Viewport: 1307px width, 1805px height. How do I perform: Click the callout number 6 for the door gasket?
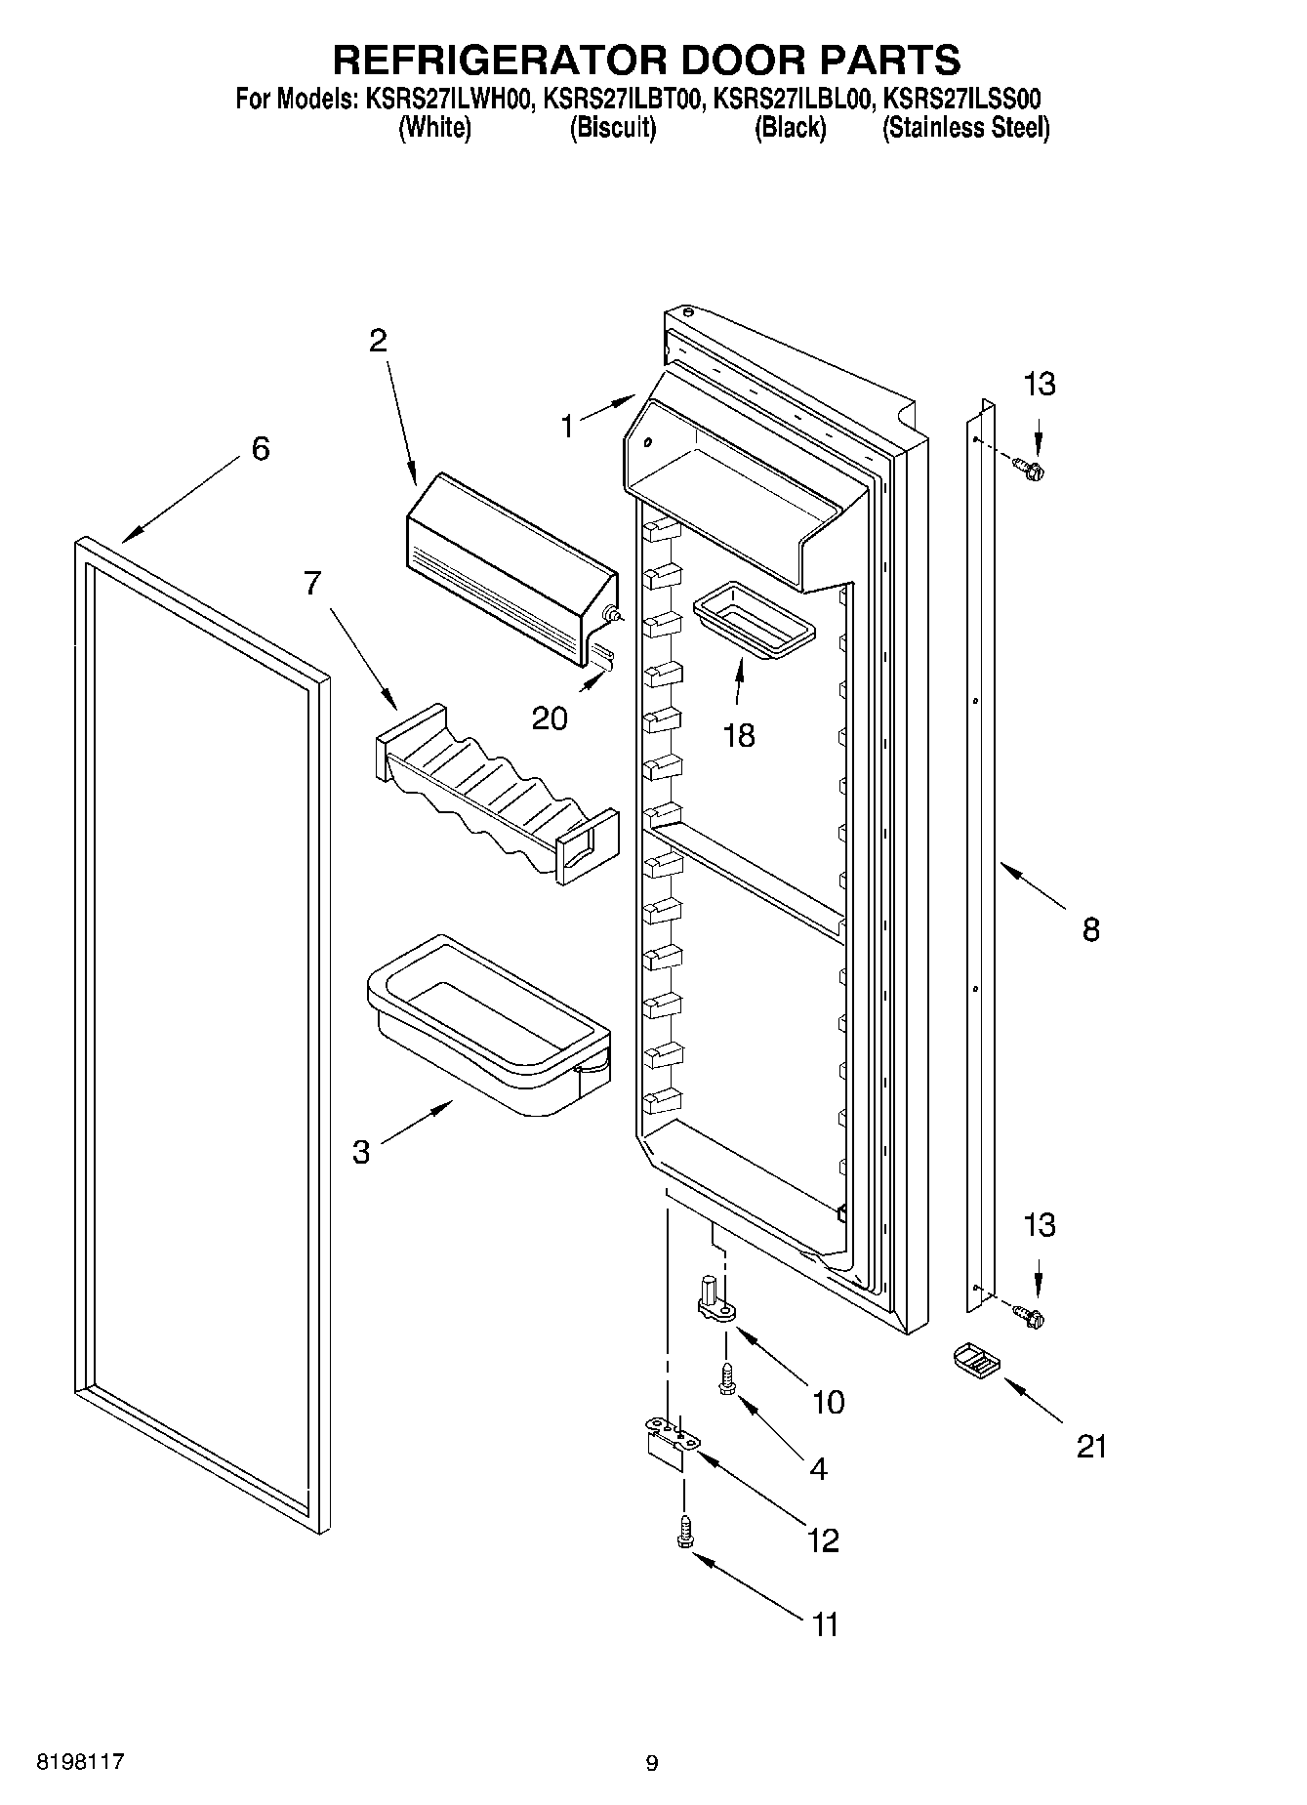click(x=260, y=450)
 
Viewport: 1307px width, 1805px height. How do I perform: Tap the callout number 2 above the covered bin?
click(x=378, y=341)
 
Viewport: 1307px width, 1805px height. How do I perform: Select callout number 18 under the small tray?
click(x=739, y=735)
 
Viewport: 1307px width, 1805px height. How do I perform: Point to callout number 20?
click(x=550, y=718)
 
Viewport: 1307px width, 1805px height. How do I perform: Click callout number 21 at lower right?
click(x=1091, y=1446)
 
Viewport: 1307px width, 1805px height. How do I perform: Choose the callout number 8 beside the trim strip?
click(x=1090, y=928)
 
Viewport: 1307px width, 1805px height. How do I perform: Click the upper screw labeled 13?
click(x=1028, y=471)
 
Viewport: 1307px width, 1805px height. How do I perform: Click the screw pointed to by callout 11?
click(x=684, y=1529)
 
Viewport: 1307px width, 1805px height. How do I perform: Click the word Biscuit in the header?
click(x=612, y=128)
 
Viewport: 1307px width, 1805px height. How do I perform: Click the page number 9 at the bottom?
click(x=652, y=1763)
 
